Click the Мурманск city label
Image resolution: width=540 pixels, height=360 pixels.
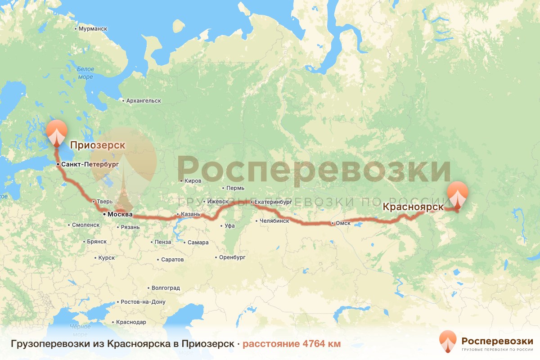point(92,28)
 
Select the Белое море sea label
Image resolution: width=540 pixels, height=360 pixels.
point(85,73)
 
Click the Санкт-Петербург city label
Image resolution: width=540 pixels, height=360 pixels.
point(89,165)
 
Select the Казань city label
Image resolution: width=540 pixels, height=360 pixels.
point(189,214)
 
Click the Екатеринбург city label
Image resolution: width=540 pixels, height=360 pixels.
point(273,202)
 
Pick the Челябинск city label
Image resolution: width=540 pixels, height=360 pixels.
point(274,221)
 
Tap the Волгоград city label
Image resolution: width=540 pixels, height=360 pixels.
point(165,288)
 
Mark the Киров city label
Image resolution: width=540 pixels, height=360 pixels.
point(192,181)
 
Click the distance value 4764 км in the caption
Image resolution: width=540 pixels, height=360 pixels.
point(291,344)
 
